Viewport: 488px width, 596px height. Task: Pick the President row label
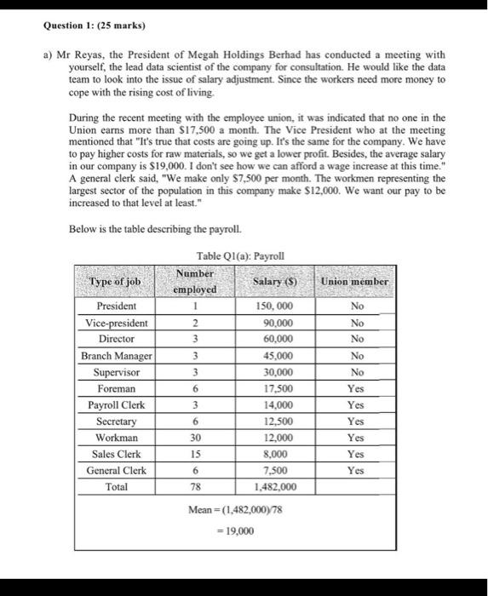point(118,307)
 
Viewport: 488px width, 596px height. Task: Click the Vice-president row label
point(118,323)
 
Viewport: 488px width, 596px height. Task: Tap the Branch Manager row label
point(117,355)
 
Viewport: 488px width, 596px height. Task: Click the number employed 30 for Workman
point(196,438)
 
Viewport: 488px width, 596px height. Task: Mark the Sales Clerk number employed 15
point(196,454)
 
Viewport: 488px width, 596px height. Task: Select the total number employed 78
point(196,487)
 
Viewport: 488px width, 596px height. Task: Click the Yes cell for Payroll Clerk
point(356,404)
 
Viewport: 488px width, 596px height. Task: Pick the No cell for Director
point(356,339)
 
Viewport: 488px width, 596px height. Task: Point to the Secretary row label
point(118,421)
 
